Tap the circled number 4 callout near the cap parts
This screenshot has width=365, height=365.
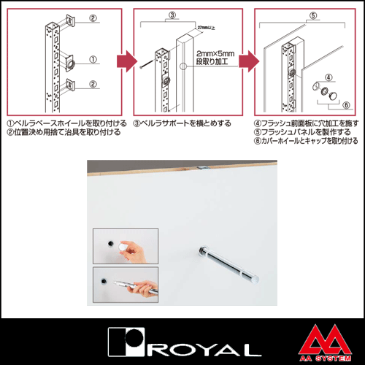[328, 76]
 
